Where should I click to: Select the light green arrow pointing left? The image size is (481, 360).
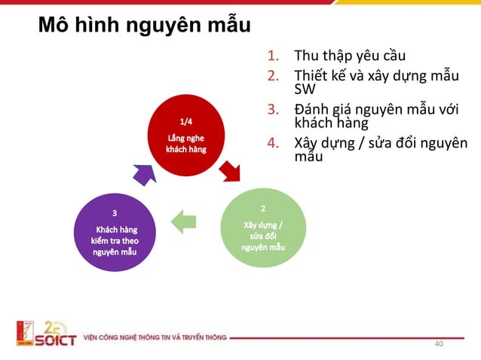(184, 221)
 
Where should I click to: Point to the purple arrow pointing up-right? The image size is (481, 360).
(142, 173)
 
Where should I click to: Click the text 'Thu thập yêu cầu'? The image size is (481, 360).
(344, 55)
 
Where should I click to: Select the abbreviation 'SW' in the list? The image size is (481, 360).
(304, 89)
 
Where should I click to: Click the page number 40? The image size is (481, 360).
(439, 344)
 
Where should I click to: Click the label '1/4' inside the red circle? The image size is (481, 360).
(185, 121)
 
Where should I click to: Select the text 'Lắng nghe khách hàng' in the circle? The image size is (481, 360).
(185, 143)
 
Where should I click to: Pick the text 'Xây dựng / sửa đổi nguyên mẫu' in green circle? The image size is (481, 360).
(263, 236)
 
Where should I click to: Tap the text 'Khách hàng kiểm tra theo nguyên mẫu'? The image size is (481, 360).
(115, 240)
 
